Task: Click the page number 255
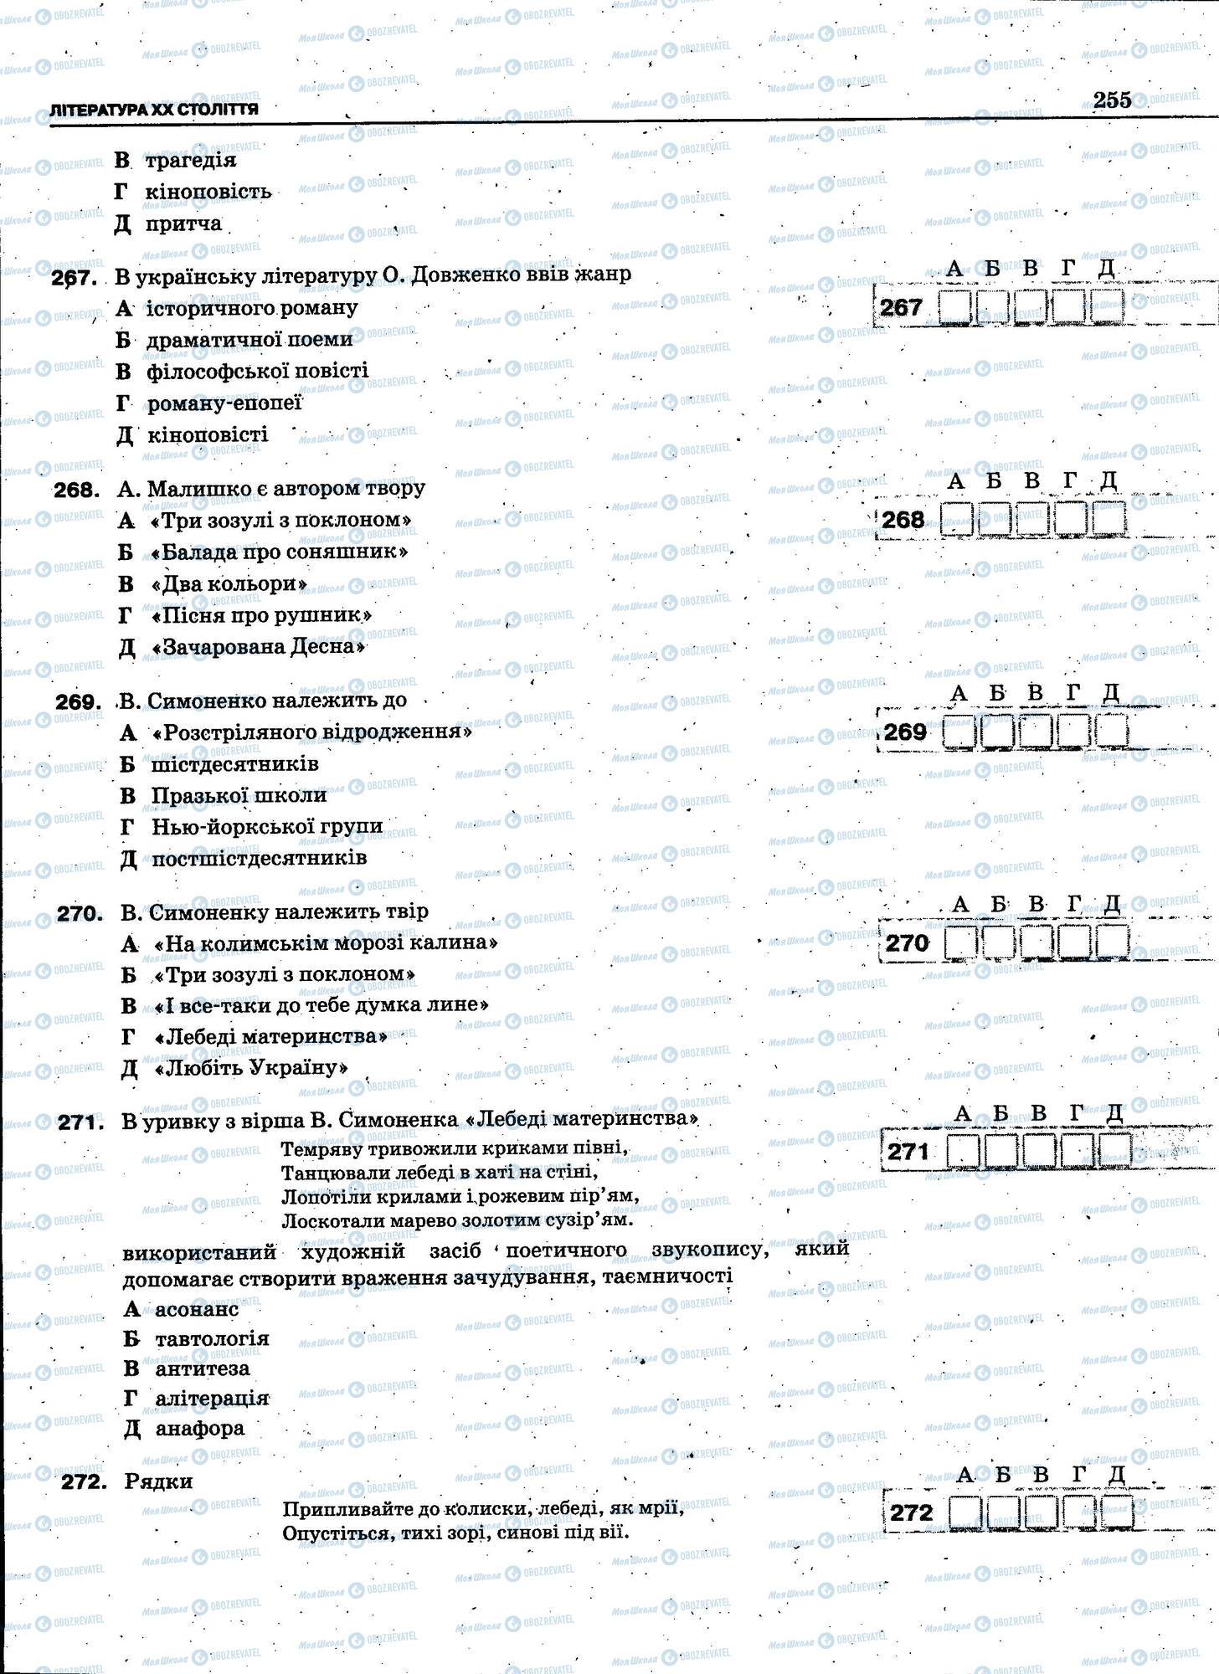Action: click(x=1112, y=100)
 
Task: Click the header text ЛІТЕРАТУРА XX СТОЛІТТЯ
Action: click(x=154, y=110)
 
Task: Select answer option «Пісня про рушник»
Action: click(x=261, y=615)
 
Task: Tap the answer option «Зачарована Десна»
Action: click(x=259, y=647)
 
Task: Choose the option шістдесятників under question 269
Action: click(x=234, y=764)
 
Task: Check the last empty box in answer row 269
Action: click(x=1111, y=732)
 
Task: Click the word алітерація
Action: click(x=212, y=1398)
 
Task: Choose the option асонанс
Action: click(x=197, y=1308)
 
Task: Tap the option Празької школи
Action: click(x=239, y=795)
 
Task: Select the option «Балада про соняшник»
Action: click(x=277, y=552)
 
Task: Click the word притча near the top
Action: click(x=183, y=223)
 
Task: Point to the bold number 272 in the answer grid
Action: click(x=911, y=1513)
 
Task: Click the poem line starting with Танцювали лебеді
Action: click(x=439, y=1171)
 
